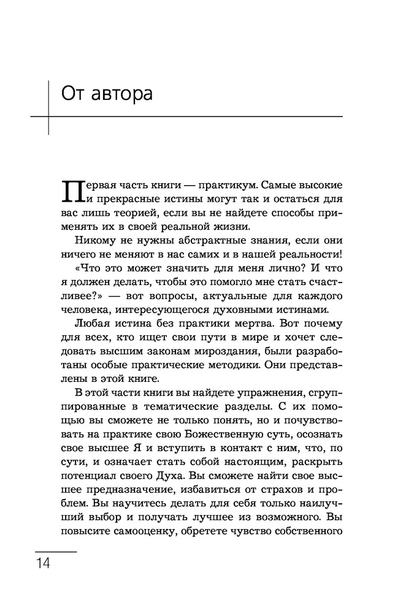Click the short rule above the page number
pyautogui.click(x=56, y=552)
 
